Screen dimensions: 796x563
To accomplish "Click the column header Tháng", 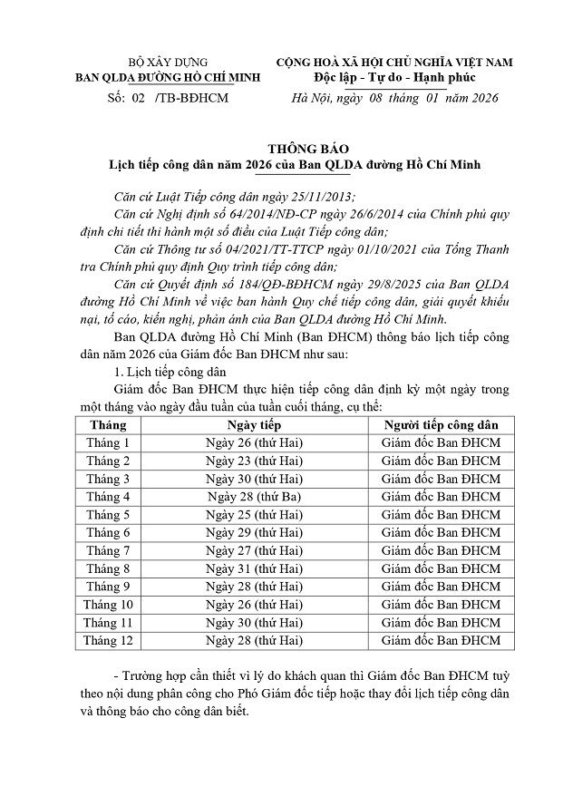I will coord(108,424).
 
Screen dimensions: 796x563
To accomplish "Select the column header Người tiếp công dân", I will coord(441,424).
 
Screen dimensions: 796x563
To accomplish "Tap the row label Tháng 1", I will coord(108,442).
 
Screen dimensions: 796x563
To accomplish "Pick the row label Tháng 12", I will coord(108,641).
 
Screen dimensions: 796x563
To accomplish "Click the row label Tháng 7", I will coord(108,550).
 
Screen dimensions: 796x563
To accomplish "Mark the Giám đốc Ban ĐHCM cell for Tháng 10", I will coord(441,605).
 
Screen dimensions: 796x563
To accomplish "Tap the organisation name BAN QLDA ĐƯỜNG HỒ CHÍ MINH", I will coord(168,78).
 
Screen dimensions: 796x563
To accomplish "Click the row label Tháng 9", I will coord(108,587).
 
